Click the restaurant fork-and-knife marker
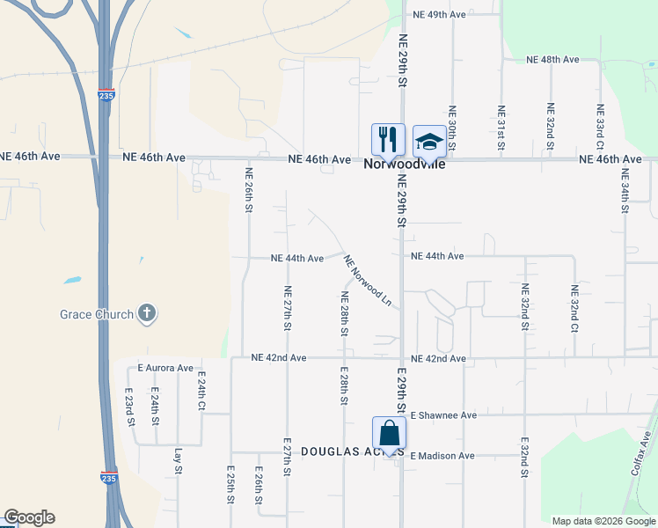coord(386,139)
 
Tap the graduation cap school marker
coord(428,140)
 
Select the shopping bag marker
coord(389,433)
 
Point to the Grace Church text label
coord(97,314)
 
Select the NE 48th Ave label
coord(552,59)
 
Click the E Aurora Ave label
coord(164,368)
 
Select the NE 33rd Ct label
coord(600,127)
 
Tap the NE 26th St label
coord(249,190)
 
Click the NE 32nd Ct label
coord(574,308)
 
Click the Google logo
coord(29,517)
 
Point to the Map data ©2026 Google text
coord(603,521)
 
